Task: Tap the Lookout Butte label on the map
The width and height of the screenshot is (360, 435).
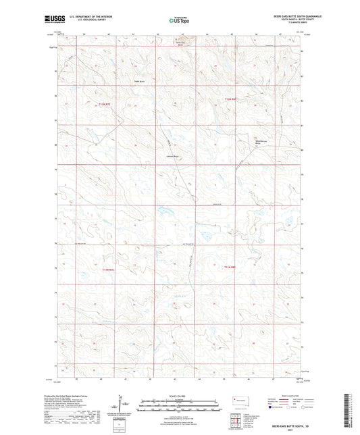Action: tap(173, 157)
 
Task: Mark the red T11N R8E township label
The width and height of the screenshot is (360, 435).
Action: tap(230, 267)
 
